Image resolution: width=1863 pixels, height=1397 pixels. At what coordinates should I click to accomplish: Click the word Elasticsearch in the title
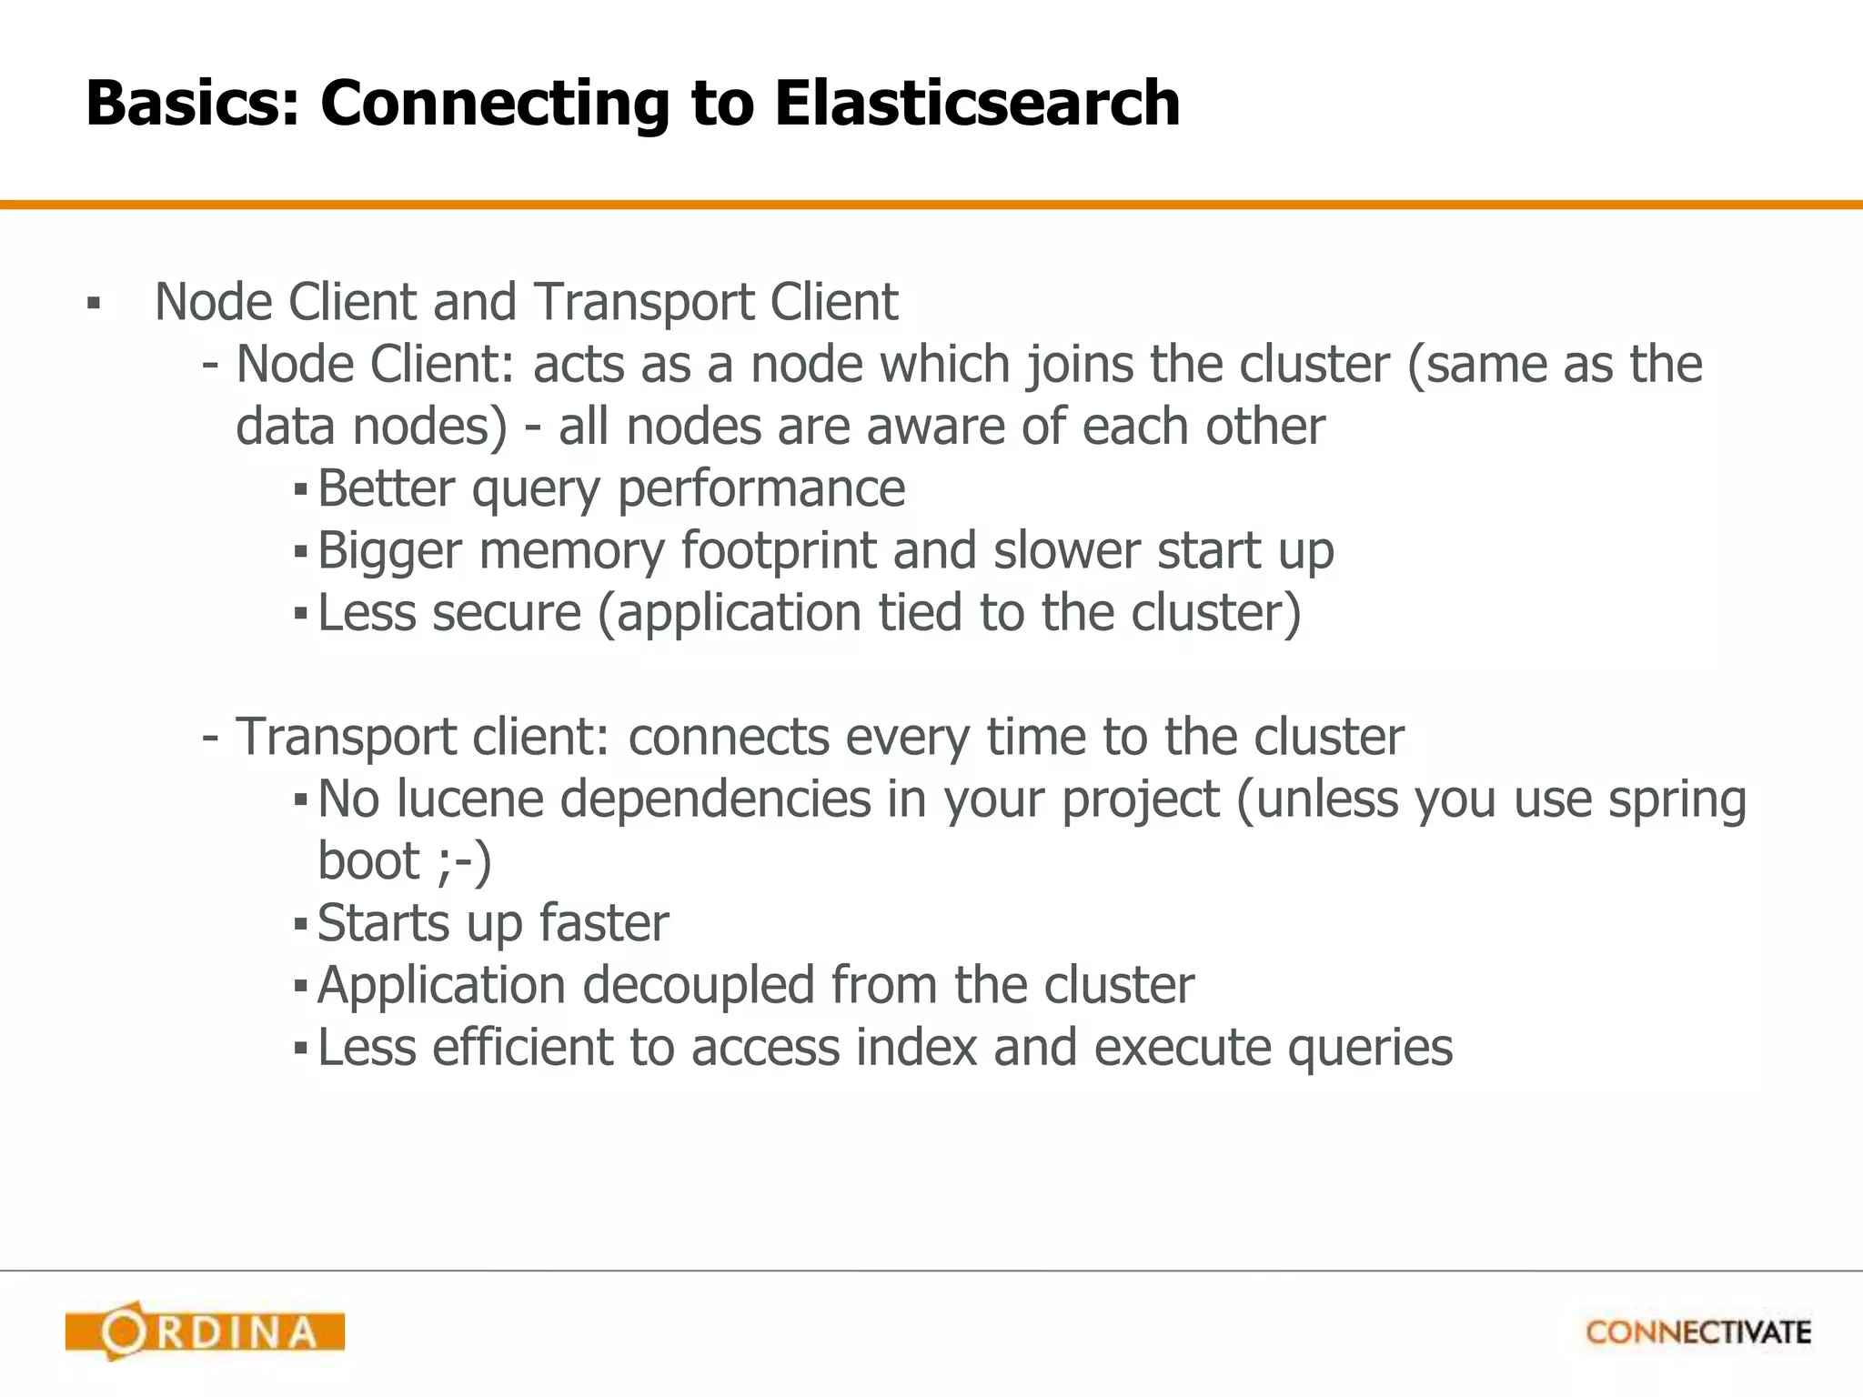pyautogui.click(x=977, y=102)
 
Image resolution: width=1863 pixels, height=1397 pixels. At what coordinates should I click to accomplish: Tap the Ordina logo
pyautogui.click(x=206, y=1332)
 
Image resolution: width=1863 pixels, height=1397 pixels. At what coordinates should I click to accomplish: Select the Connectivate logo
pyautogui.click(x=1697, y=1332)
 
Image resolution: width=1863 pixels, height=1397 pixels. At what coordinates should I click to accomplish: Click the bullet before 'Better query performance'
pyautogui.click(x=301, y=491)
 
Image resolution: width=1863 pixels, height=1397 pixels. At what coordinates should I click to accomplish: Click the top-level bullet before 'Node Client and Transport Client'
pyautogui.click(x=93, y=303)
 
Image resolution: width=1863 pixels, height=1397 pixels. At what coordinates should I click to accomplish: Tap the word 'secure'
pyautogui.click(x=506, y=613)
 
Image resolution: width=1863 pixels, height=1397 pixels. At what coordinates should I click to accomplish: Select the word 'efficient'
pyautogui.click(x=521, y=1048)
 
